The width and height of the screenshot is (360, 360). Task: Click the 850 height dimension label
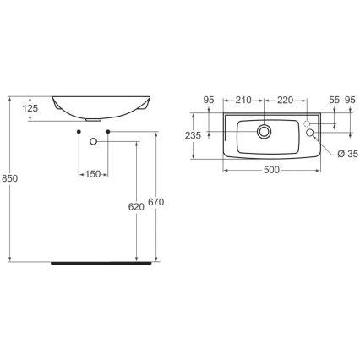click(x=12, y=179)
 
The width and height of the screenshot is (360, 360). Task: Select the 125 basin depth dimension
click(x=31, y=108)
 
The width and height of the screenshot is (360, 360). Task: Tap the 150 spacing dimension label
click(x=92, y=174)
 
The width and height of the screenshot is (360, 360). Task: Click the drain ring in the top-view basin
click(x=265, y=130)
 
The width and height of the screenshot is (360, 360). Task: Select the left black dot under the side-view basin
click(x=79, y=134)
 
